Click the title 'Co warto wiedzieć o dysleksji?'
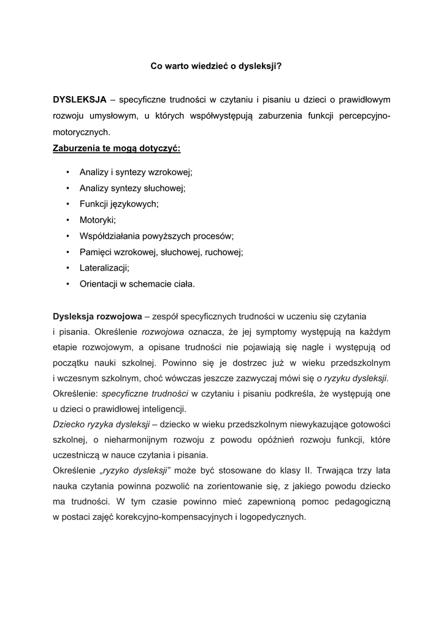[216, 67]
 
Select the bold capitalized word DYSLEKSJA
[80, 99]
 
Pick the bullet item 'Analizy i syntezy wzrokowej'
[136, 173]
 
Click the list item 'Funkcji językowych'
[120, 204]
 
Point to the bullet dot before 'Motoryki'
[66, 220]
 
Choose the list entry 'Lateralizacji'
[105, 268]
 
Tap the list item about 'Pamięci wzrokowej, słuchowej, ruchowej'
[161, 252]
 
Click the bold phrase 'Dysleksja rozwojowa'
[97, 316]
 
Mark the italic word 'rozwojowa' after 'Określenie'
[163, 332]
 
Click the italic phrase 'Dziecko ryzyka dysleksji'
[101, 424]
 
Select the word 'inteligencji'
[179, 408]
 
